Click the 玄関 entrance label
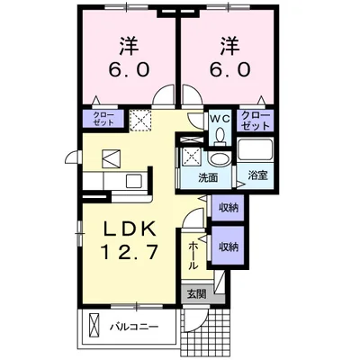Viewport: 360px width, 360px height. point(196,293)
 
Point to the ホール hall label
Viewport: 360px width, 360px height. point(193,256)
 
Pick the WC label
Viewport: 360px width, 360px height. point(221,118)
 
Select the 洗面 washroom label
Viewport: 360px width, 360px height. point(210,177)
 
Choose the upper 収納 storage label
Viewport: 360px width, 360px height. point(229,208)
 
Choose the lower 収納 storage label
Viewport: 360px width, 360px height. point(229,246)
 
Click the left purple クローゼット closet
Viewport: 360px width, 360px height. point(102,119)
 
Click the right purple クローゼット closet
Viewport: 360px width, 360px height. point(256,119)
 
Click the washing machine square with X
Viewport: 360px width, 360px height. point(191,155)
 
